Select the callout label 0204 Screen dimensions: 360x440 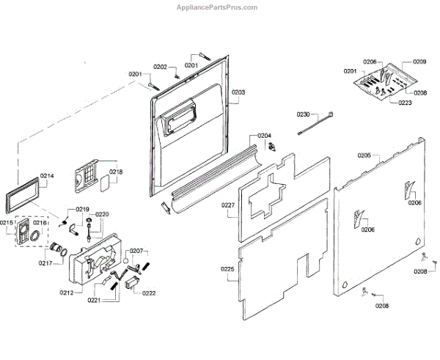coord(264,136)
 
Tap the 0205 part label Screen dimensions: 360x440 coord(364,155)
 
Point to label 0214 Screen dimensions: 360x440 coord(48,176)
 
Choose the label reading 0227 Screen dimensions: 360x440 coord(228,206)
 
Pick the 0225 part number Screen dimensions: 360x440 coord(227,270)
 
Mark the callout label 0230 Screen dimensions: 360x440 coord(304,114)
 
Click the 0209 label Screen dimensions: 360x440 coord(419,62)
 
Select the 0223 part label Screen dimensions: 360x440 coord(405,103)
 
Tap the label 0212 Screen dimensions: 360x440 coord(66,293)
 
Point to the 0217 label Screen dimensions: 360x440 coord(45,263)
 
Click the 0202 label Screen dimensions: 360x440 coord(160,67)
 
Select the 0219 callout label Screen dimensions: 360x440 coord(83,210)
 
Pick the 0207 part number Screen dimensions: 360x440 coord(137,251)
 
